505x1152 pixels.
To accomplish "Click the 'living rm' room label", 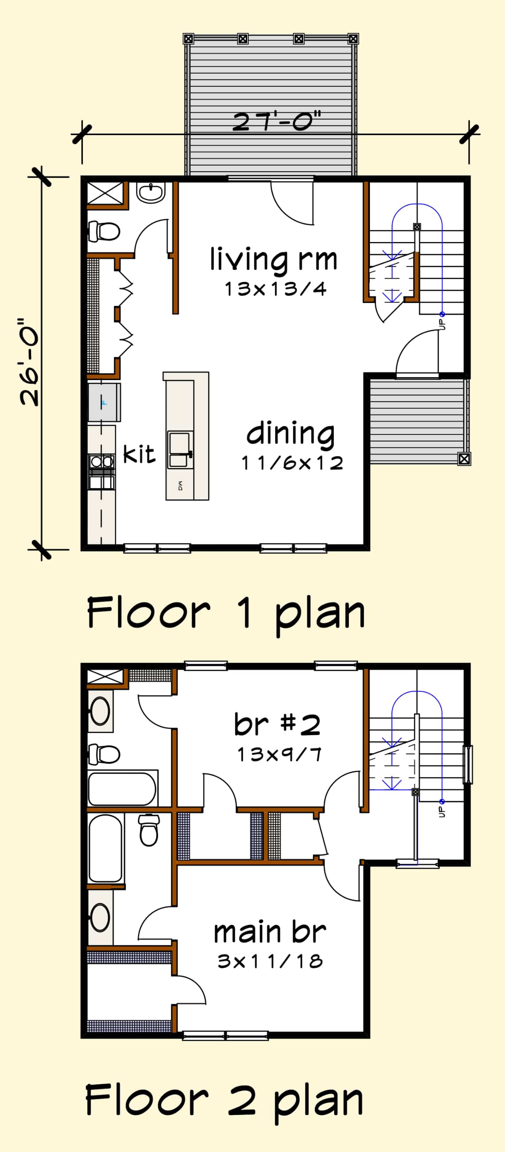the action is pyautogui.click(x=273, y=260).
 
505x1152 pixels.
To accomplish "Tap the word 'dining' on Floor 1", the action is pyautogui.click(x=290, y=434).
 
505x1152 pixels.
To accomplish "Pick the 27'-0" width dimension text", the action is pyautogui.click(x=277, y=121).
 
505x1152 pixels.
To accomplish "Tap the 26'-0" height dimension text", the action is pyautogui.click(x=29, y=362).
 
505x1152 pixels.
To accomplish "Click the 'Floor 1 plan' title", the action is pyautogui.click(x=226, y=613).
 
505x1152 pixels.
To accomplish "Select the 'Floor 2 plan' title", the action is pyautogui.click(x=224, y=1101).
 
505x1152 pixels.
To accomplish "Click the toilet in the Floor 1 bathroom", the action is pyautogui.click(x=104, y=231).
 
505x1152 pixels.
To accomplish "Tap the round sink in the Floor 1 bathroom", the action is pyautogui.click(x=151, y=192).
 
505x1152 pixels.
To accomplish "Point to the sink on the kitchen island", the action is pyautogui.click(x=180, y=450).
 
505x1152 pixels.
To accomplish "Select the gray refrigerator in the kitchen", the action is pyautogui.click(x=104, y=402).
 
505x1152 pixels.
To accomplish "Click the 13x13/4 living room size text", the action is pyautogui.click(x=276, y=289).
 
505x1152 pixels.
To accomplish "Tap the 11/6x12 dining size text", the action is pyautogui.click(x=292, y=463).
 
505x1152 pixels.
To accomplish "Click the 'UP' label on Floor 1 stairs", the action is pyautogui.click(x=442, y=324).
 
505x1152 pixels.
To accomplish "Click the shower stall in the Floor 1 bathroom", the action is pyautogui.click(x=105, y=193).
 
